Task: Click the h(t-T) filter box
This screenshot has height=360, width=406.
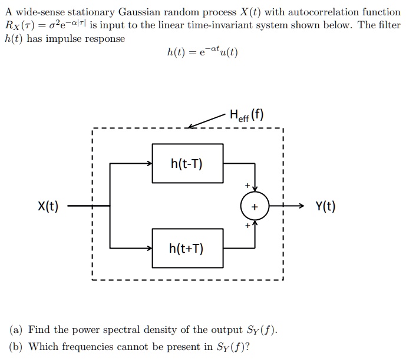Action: (x=187, y=163)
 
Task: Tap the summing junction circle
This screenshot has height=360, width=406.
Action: (x=254, y=206)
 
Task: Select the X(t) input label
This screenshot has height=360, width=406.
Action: (x=48, y=206)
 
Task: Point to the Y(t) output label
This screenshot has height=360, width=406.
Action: (x=325, y=206)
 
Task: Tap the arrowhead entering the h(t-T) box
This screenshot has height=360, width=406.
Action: (x=150, y=163)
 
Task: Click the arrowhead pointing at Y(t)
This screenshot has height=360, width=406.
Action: (x=303, y=206)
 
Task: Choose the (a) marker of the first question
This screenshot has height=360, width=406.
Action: (x=15, y=329)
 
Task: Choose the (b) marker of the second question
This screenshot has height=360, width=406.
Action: (x=15, y=346)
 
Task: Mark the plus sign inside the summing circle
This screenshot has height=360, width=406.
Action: (x=254, y=207)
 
